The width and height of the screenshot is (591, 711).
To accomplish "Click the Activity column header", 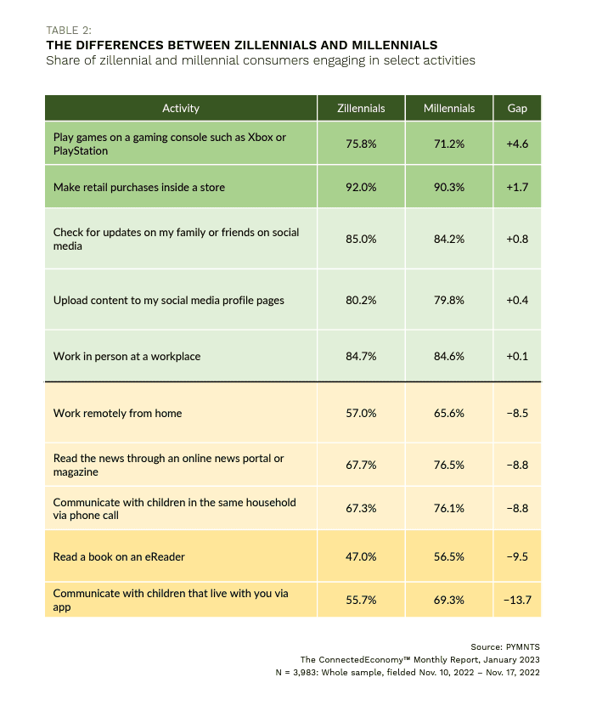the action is (180, 109).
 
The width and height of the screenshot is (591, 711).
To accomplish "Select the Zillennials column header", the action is (361, 109).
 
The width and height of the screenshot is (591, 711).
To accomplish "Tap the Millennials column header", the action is (449, 109).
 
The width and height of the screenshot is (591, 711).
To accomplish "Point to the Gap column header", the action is (517, 109).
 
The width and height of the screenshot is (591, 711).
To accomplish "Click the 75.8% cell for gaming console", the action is (361, 144).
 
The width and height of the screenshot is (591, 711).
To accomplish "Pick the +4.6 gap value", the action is (517, 144).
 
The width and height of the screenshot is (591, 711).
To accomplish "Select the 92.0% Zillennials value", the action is (361, 187).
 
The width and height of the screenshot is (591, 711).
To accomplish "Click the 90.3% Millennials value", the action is (449, 187).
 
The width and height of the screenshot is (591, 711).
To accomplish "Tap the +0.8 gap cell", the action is (517, 239).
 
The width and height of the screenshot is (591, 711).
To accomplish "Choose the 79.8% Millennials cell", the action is (449, 300).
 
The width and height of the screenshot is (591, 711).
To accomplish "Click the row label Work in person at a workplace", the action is (127, 357).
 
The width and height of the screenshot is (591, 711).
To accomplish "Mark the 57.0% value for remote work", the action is (361, 413).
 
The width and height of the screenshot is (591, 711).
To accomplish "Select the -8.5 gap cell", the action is (517, 413).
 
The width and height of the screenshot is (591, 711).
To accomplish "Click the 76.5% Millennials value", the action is (449, 465).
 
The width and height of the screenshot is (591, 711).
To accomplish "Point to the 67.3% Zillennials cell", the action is (361, 508).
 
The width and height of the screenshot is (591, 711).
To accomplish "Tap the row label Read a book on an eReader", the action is (119, 557).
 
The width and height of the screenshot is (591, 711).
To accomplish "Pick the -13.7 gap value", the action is (517, 600).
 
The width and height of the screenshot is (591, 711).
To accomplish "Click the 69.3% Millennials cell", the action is (449, 600).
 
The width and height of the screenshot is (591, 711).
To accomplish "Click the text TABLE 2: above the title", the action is (69, 31).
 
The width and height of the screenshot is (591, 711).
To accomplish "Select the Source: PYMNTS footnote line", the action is (505, 647).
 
